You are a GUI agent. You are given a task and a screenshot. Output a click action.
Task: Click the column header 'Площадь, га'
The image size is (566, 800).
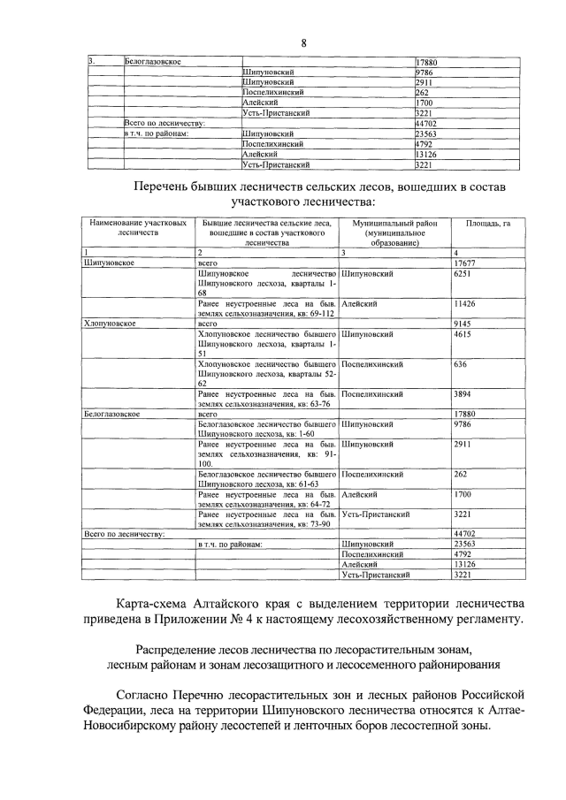pos(487,225)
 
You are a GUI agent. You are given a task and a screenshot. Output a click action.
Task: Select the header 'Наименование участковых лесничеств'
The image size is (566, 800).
pos(135,230)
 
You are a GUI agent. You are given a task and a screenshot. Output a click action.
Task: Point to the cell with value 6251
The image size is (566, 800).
pos(463,274)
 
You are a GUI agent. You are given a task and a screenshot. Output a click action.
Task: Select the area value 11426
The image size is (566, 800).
pos(465,304)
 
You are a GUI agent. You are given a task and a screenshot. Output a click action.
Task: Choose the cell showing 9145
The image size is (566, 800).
pos(463,324)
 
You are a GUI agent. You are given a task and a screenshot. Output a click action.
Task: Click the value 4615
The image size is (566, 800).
pos(463,334)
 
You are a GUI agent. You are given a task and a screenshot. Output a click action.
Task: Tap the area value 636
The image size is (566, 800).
pos(460,364)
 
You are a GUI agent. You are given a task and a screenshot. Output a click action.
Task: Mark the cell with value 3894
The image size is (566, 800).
pos(463,394)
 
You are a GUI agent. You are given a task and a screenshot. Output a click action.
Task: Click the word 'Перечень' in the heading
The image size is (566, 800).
pos(164,187)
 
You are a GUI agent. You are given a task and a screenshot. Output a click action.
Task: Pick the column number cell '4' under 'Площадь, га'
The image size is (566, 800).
pos(455,254)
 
